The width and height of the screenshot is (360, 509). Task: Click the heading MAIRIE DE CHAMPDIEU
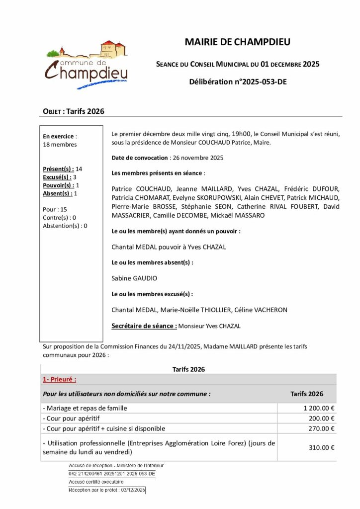pyautogui.click(x=237, y=42)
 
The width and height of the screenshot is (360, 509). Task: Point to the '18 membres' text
pyautogui.click(x=60, y=145)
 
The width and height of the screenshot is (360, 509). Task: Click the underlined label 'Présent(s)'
pyautogui.click(x=58, y=169)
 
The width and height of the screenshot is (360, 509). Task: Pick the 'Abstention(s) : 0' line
pyautogui.click(x=65, y=226)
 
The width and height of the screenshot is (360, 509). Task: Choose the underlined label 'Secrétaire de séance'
pyautogui.click(x=144, y=326)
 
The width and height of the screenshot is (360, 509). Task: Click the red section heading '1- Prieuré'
pyautogui.click(x=59, y=380)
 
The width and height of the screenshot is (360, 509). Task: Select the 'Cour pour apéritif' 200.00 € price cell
pyautogui.click(x=321, y=419)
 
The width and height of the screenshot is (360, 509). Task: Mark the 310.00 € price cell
pyautogui.click(x=321, y=447)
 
